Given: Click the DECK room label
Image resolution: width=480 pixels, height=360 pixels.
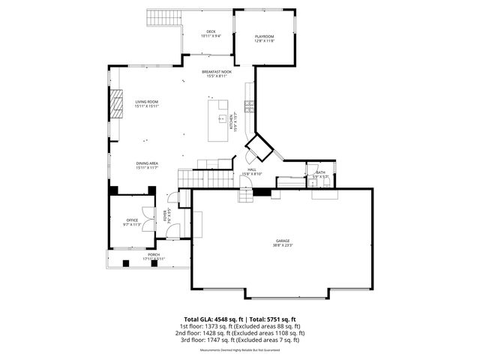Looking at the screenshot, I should pos(211,31).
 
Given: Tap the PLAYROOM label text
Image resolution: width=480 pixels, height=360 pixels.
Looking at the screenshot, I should pos(264,36).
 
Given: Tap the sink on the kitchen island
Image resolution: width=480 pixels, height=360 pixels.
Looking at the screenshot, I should pos(222,118).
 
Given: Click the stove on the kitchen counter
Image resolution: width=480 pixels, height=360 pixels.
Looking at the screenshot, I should pos(249,106).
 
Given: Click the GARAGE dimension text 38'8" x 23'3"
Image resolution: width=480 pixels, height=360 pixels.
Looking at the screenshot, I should pos(283,245).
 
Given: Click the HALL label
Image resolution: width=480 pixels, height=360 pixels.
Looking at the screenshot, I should pos(252,170).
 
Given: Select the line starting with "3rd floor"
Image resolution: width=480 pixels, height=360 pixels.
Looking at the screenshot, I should pos(240,340).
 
